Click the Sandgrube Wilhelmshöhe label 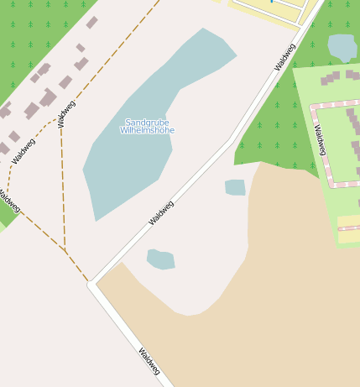pyautogui.click(x=147, y=126)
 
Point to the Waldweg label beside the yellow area pyautogui.click(x=285, y=56)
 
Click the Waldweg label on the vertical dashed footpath pyautogui.click(x=66, y=114)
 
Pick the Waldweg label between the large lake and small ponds pyautogui.click(x=161, y=213)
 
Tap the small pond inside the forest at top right pyautogui.click(x=342, y=47)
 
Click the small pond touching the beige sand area pyautogui.click(x=236, y=187)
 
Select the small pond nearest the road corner pyautogui.click(x=160, y=259)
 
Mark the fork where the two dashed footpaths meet pyautogui.click(x=64, y=248)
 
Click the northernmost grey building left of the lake pyautogui.click(x=91, y=23)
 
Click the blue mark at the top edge pyautogui.click(x=271, y=2)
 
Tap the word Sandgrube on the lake pyautogui.click(x=146, y=122)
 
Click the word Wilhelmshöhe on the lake pyautogui.click(x=147, y=130)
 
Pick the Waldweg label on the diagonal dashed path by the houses pyautogui.click(x=25, y=150)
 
